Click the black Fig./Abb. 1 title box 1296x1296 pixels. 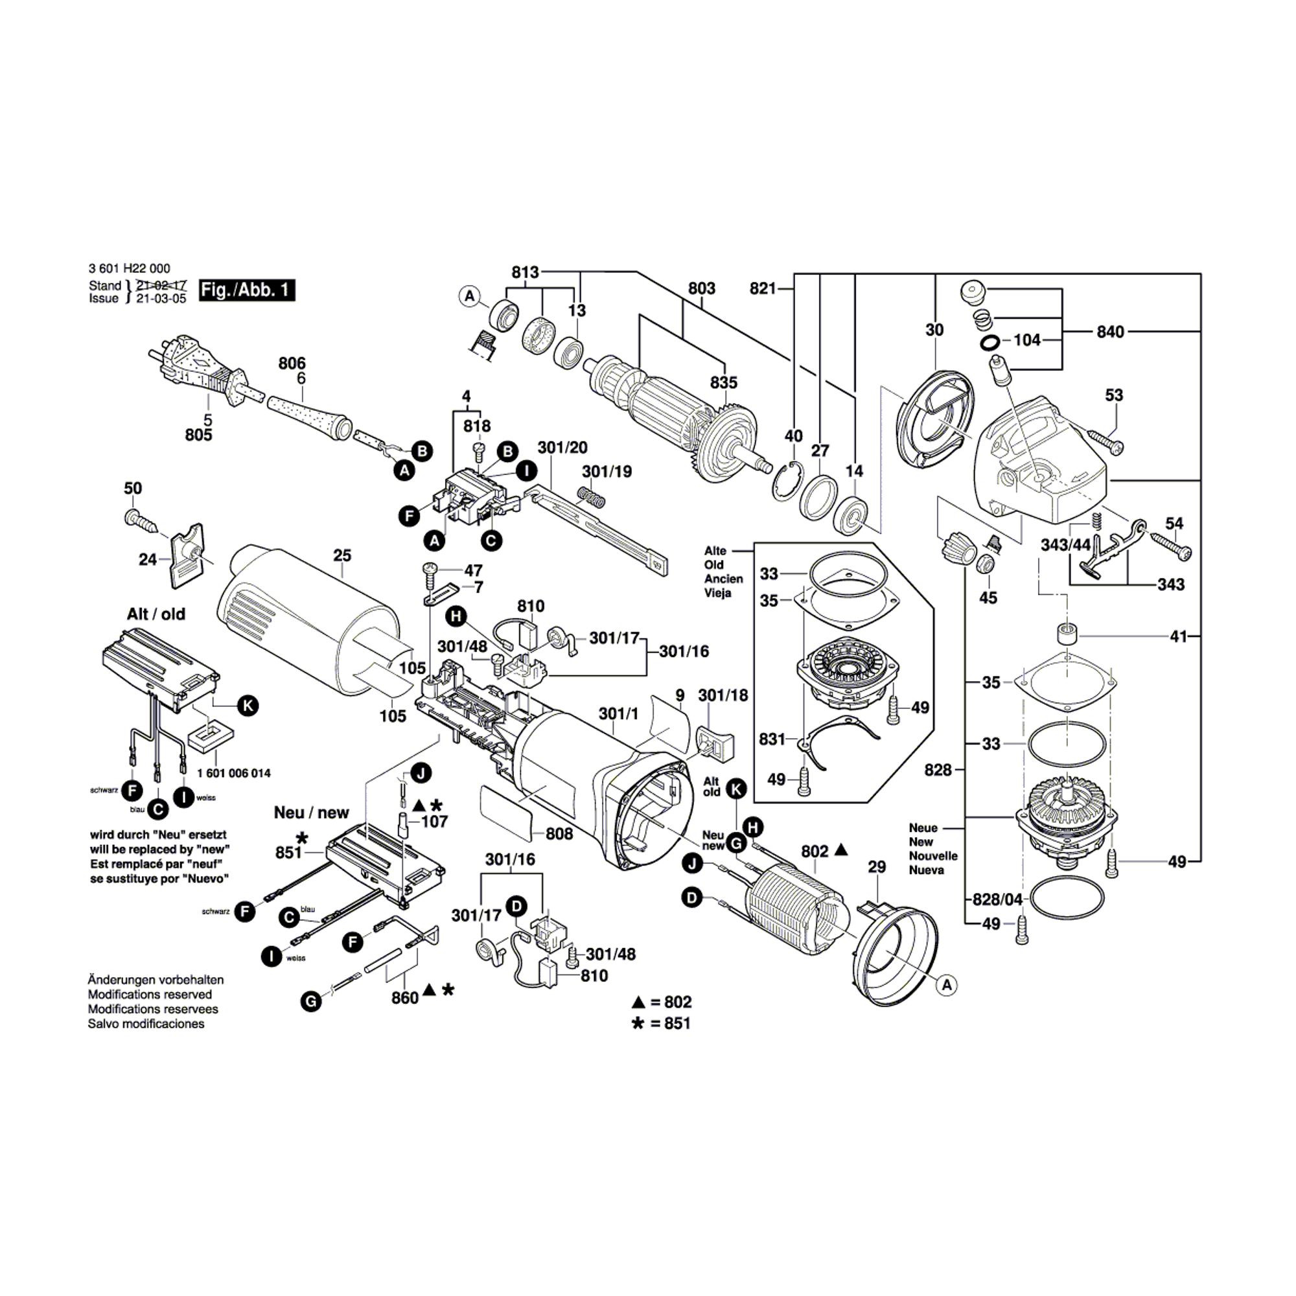click(247, 290)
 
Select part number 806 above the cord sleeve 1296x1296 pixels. click(292, 364)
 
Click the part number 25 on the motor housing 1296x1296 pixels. click(342, 555)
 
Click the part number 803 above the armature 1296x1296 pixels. click(702, 288)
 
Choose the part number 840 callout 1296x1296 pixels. click(1110, 331)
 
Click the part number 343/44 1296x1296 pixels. click(1066, 545)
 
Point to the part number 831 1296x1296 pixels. click(772, 739)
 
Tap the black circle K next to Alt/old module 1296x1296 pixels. click(248, 706)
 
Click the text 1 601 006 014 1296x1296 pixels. click(234, 773)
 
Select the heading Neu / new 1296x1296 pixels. click(311, 813)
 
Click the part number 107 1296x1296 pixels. click(434, 822)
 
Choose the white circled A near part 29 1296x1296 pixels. click(947, 985)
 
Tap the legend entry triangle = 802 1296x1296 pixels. click(662, 1002)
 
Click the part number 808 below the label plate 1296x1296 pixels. click(559, 834)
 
